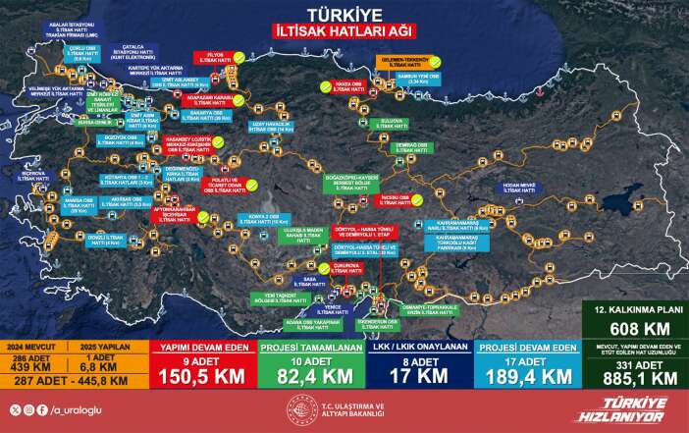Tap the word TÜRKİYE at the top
[x=344, y=15]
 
